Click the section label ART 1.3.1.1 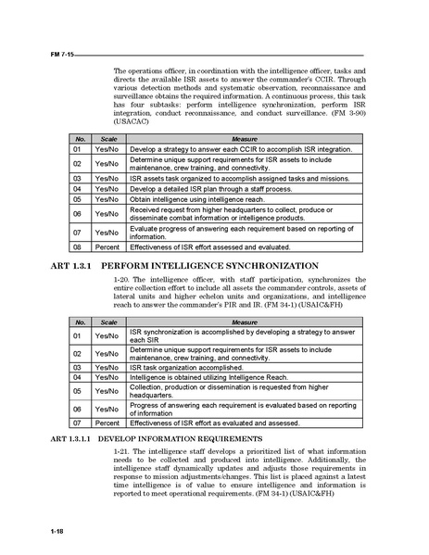68,437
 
